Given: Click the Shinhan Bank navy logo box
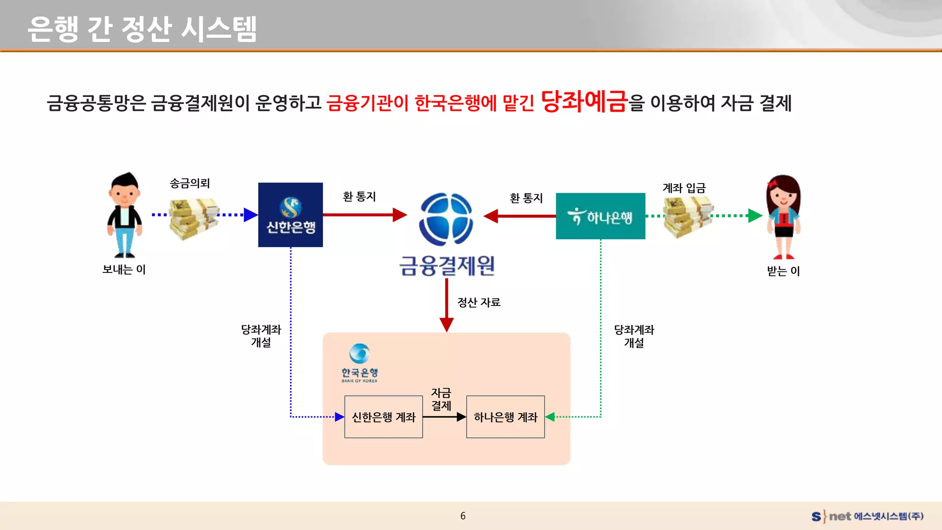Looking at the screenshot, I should pos(290,215).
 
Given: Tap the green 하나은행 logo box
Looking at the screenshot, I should pos(600,216).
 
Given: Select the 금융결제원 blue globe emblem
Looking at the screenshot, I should pos(446,219).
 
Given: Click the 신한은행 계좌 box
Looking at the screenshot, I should pos(383,417).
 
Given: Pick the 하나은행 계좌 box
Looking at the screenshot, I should pos(505,417).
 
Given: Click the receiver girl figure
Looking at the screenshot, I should pos(783,217).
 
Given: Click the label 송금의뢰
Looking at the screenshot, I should pos(190,184).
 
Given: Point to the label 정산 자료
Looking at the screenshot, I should pos(478,302).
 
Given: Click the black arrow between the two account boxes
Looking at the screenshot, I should pos(444,417).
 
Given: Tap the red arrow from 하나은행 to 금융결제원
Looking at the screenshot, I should pos(520,216).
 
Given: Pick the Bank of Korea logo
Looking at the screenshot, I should pos(359,363).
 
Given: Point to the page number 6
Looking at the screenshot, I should pos(463,516).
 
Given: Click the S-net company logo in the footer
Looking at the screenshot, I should pos(867,516).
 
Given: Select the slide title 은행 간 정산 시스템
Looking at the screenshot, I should pos(142,29).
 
